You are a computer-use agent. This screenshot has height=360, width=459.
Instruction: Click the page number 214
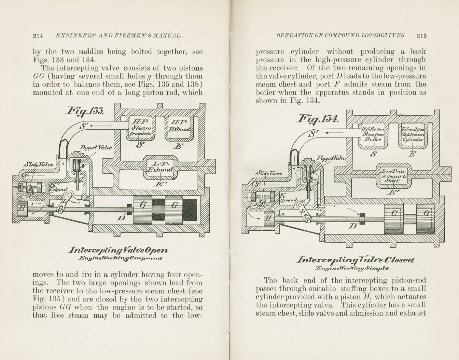pyautogui.click(x=38, y=36)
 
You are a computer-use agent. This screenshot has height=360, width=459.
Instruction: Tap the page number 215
pyautogui.click(x=421, y=36)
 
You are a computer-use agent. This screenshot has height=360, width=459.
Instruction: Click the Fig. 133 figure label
pyautogui.click(x=85, y=111)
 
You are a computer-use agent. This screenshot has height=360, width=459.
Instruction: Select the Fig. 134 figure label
pyautogui.click(x=318, y=119)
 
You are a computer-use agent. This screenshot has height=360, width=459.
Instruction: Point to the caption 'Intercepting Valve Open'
pyautogui.click(x=118, y=250)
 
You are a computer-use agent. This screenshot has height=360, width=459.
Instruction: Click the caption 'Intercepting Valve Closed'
pyautogui.click(x=355, y=260)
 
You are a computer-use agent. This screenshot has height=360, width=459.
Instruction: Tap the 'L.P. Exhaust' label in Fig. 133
pyautogui.click(x=160, y=166)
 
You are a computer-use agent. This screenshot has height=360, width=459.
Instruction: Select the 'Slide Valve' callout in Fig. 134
pyautogui.click(x=269, y=173)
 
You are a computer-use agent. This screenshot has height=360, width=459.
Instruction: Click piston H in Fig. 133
pyautogui.click(x=22, y=208)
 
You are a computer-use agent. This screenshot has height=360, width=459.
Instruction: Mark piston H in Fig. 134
pyautogui.click(x=268, y=218)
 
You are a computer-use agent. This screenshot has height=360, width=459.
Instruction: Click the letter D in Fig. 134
pyautogui.click(x=352, y=225)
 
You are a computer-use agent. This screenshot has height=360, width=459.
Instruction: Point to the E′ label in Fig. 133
pyautogui.click(x=159, y=184)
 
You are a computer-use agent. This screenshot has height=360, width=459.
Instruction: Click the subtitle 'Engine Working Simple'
pyautogui.click(x=352, y=268)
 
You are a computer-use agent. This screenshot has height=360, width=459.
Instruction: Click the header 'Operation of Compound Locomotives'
pyautogui.click(x=341, y=36)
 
